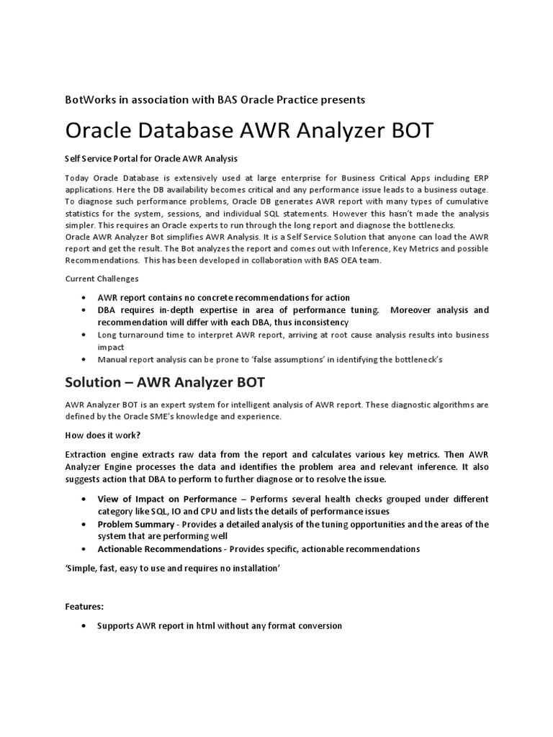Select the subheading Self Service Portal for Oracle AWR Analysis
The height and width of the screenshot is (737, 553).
coord(151,158)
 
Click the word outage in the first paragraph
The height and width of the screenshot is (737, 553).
coord(472,189)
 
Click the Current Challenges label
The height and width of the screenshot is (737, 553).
coord(102,279)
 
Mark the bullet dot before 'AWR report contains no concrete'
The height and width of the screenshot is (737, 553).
coord(85,298)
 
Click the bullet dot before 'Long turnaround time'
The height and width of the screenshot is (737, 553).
coord(85,335)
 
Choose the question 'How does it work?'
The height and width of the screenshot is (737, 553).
coord(102,435)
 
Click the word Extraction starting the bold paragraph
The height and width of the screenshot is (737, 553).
coord(91,455)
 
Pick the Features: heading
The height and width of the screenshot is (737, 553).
coord(84,606)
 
